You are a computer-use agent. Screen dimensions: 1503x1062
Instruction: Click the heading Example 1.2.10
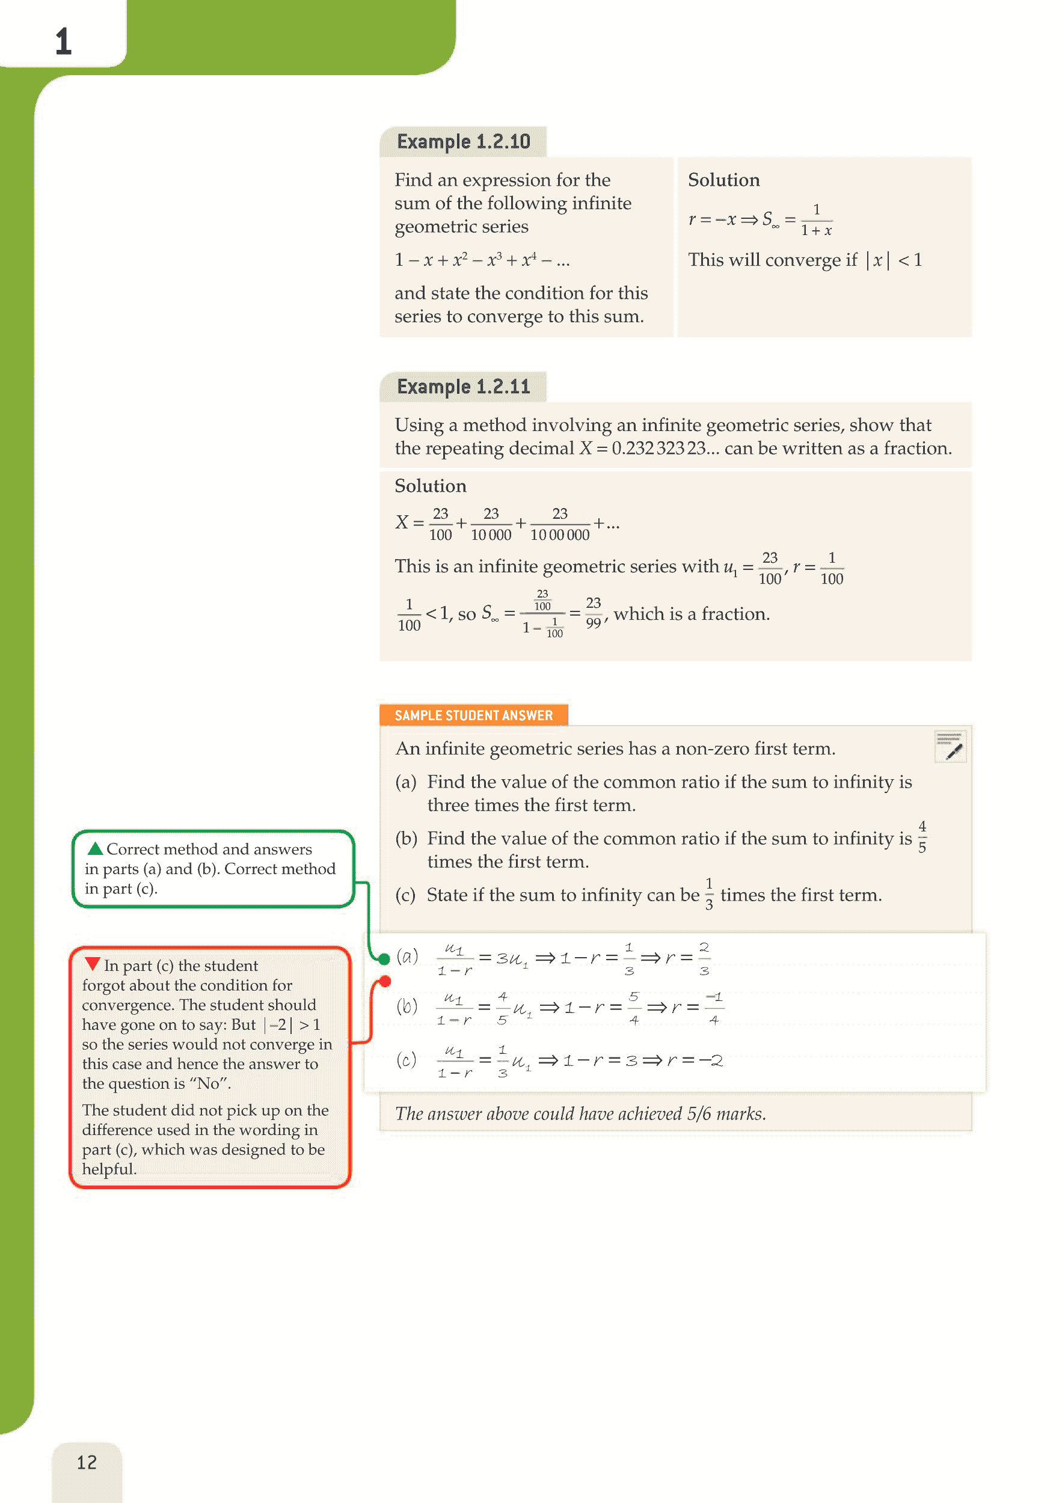(x=463, y=141)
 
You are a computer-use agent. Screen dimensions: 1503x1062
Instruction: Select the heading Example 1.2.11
(x=463, y=387)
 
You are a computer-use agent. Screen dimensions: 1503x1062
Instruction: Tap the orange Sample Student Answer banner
(x=473, y=715)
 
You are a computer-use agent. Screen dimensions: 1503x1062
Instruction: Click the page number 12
(x=87, y=1462)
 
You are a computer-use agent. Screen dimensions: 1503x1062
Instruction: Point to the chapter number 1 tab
(x=63, y=41)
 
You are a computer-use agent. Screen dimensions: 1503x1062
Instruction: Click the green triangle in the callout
(x=96, y=848)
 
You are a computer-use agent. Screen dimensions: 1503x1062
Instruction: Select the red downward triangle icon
(x=93, y=964)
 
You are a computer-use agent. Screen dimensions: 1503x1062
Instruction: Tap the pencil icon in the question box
(x=951, y=747)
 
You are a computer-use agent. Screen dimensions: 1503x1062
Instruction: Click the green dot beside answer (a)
(x=384, y=959)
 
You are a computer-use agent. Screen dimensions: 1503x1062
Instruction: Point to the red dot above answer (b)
(x=385, y=981)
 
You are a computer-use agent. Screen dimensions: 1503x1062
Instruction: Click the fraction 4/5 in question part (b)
(x=922, y=837)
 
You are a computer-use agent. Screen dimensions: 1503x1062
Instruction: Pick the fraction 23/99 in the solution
(x=593, y=613)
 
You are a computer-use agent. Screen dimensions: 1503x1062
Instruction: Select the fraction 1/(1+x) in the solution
(x=817, y=220)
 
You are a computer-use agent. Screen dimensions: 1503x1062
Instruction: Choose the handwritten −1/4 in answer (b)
(x=714, y=1008)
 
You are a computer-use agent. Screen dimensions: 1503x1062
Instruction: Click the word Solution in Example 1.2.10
(x=723, y=180)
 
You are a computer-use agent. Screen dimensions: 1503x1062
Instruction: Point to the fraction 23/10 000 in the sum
(x=491, y=524)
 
